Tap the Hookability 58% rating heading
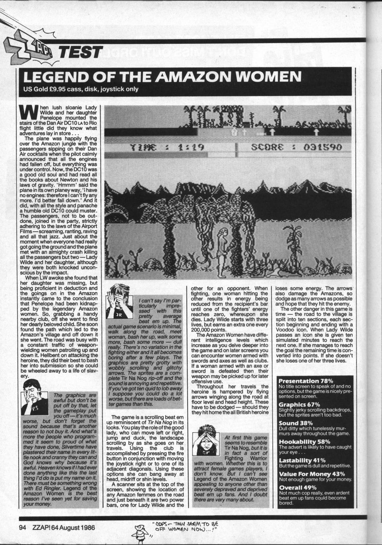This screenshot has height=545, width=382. coord(304,441)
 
